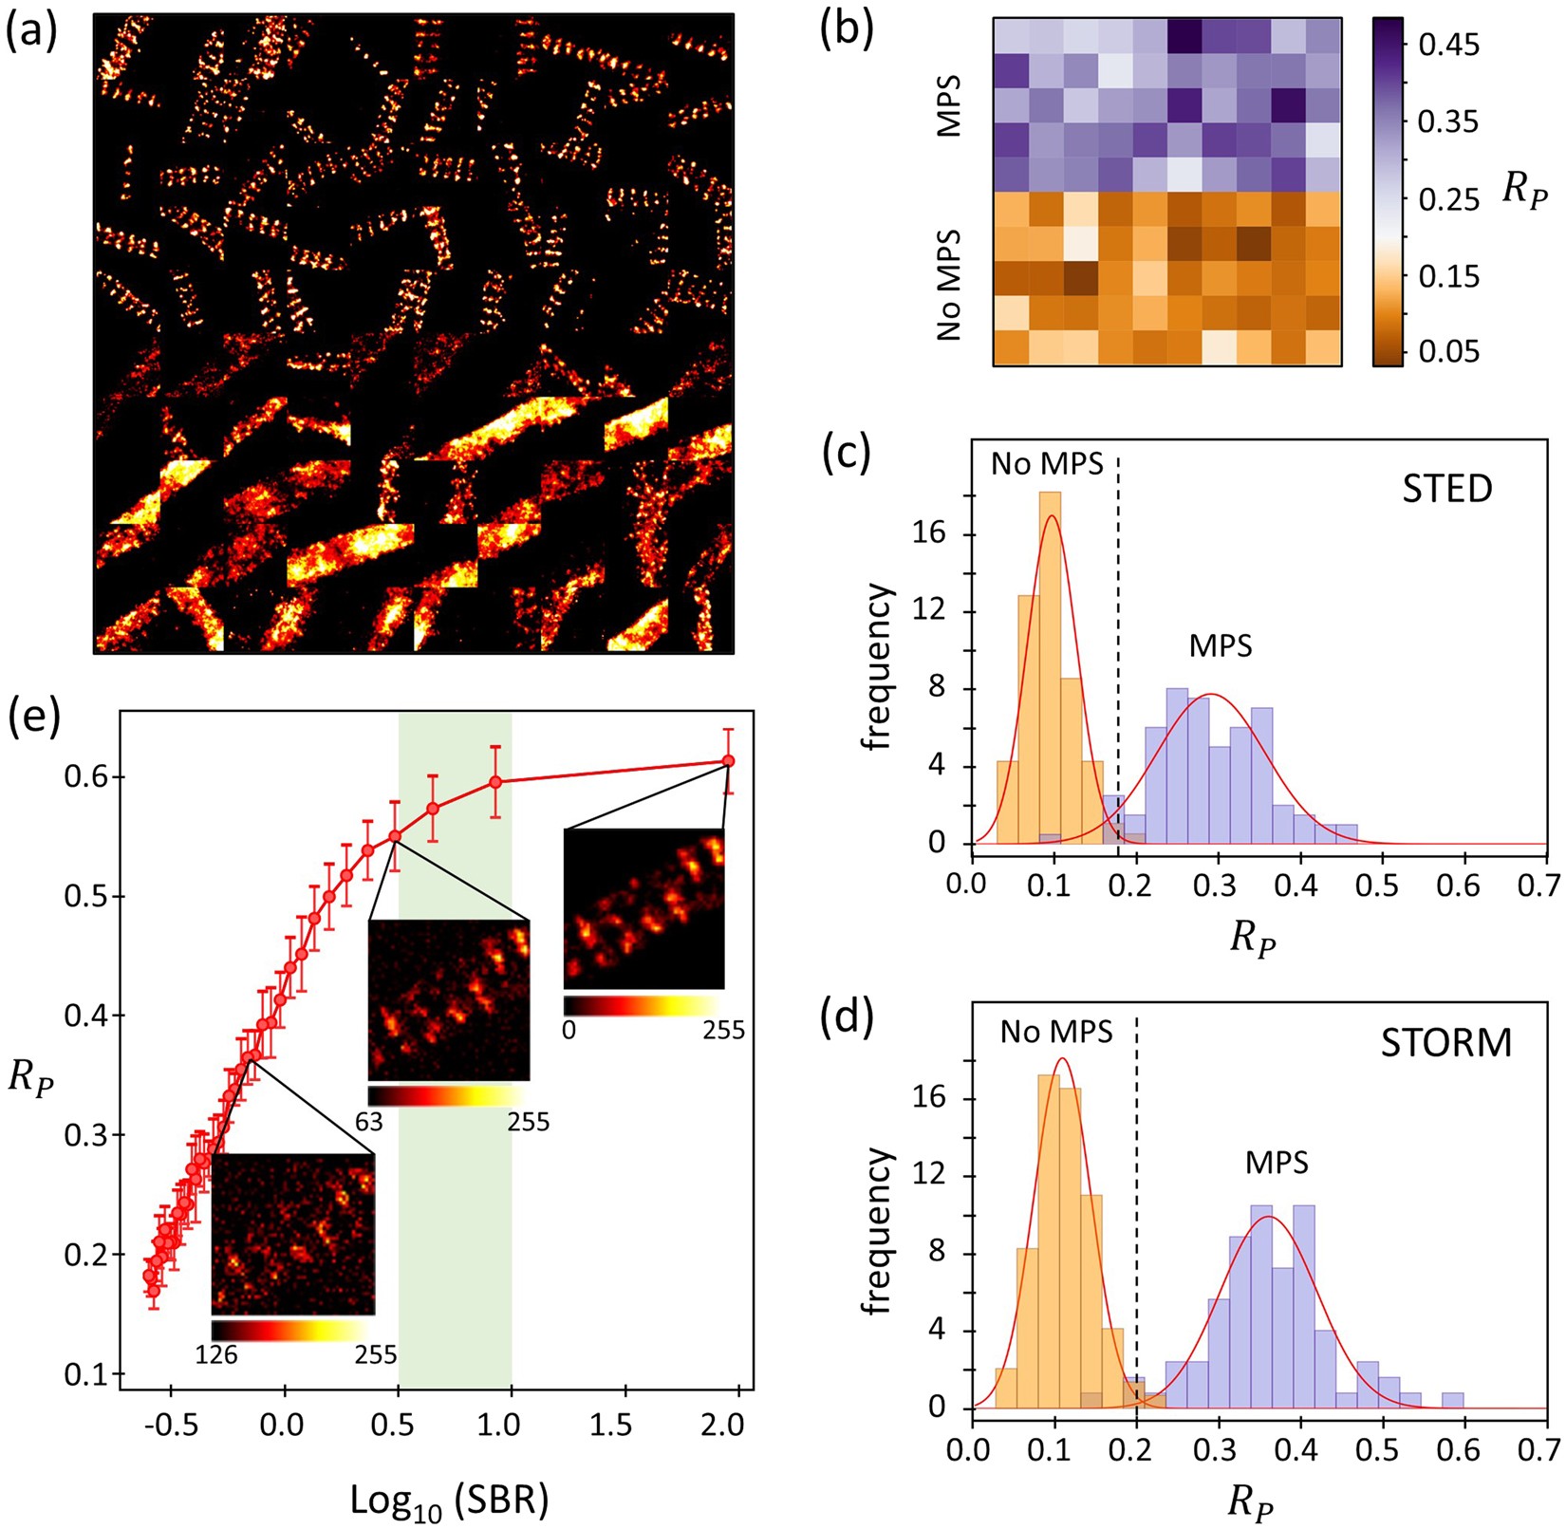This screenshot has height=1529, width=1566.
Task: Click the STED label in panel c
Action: point(1447,488)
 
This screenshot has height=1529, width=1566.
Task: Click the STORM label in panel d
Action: point(1445,1042)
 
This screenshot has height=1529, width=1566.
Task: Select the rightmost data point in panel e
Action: point(728,760)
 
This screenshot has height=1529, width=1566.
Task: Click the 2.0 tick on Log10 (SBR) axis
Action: point(727,1425)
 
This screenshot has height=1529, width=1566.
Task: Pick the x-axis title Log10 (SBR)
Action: point(449,1500)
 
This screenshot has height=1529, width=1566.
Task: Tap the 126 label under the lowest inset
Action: point(216,1354)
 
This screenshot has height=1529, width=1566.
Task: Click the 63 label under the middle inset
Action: point(368,1122)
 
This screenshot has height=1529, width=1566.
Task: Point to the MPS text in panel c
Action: point(1221,646)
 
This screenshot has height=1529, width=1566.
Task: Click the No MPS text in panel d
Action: point(1055,1031)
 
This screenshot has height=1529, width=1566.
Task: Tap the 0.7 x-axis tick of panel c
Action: point(1544,885)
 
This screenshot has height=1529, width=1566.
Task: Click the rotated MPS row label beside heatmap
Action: point(949,105)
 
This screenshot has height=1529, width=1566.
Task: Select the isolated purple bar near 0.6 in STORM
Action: point(1452,1400)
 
